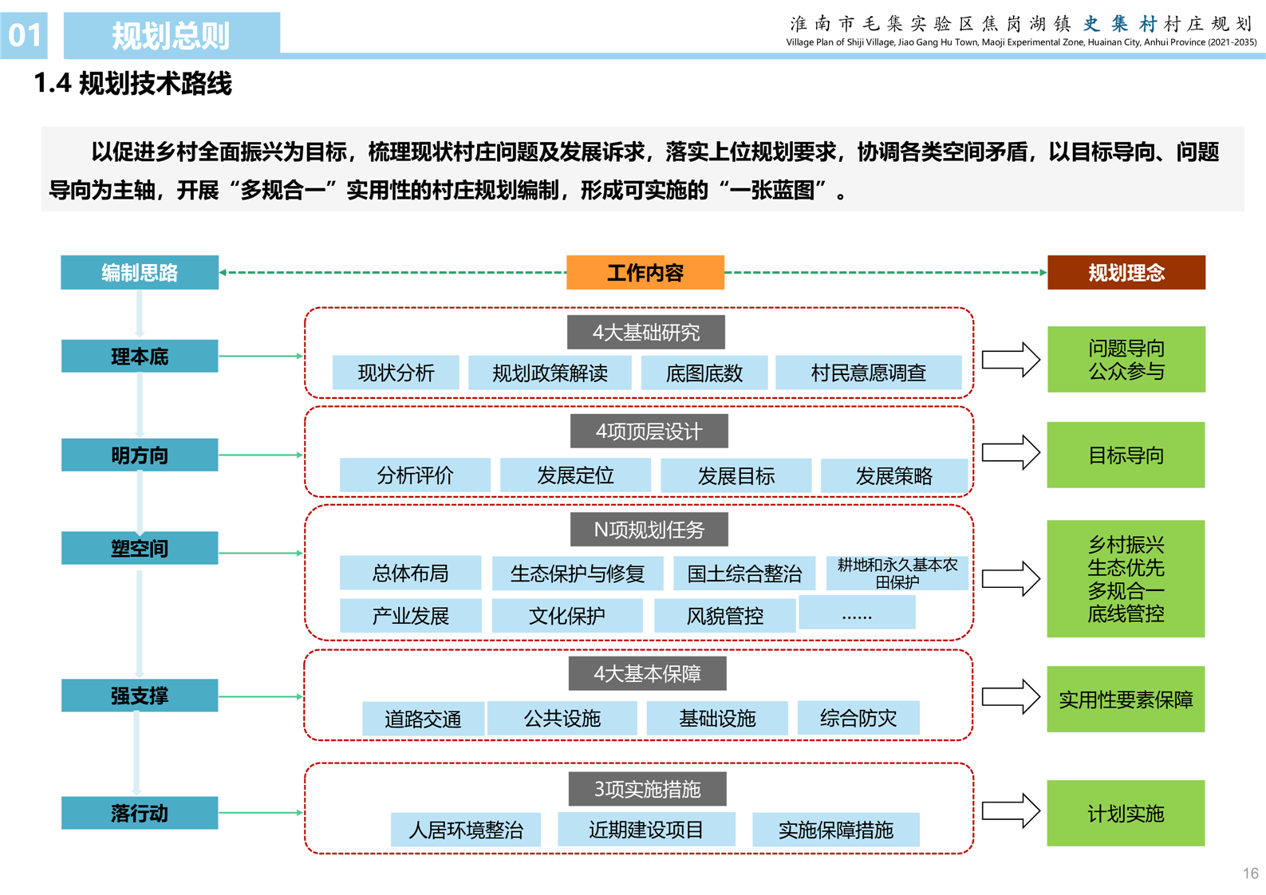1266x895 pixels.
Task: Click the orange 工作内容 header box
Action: tap(645, 273)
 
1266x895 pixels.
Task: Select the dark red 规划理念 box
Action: tap(1126, 273)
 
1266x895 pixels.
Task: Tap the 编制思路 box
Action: tap(140, 273)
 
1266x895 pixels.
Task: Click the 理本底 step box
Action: tap(140, 357)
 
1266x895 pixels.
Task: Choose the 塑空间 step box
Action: tap(140, 549)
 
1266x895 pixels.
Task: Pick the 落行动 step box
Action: tap(140, 813)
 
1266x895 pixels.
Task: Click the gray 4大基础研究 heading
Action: tap(645, 333)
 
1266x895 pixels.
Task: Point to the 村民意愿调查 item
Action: tap(868, 373)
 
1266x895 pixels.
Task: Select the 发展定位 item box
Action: tap(574, 476)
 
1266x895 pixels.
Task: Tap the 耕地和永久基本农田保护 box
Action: tap(897, 574)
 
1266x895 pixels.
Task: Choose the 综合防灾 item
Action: tap(858, 718)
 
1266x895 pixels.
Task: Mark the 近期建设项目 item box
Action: tap(645, 830)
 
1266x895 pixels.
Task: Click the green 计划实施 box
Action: tap(1126, 814)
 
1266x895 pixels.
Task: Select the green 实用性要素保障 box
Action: tap(1126, 700)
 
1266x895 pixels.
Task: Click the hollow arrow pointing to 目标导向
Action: tap(1011, 453)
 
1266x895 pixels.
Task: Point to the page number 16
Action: tap(1250, 873)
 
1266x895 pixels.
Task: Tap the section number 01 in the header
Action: tap(24, 35)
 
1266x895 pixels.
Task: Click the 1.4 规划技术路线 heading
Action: tap(132, 84)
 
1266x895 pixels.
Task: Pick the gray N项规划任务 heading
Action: tap(649, 530)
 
